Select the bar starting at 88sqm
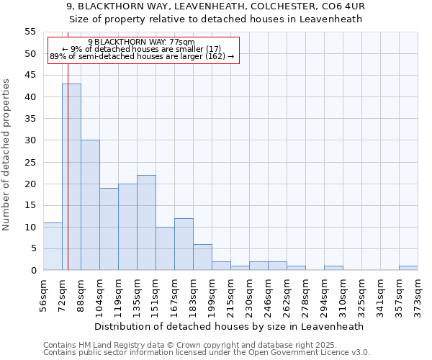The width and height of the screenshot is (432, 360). [90, 205]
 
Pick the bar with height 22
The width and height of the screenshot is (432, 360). [146, 222]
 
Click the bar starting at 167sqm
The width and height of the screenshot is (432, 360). [184, 244]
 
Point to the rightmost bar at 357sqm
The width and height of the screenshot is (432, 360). [408, 268]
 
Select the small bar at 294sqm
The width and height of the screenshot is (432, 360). [333, 268]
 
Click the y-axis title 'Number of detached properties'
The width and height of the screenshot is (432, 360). [7, 155]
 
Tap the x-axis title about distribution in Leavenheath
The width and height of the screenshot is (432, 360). [230, 326]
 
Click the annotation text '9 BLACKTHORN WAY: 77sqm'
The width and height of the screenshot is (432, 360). [141, 42]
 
